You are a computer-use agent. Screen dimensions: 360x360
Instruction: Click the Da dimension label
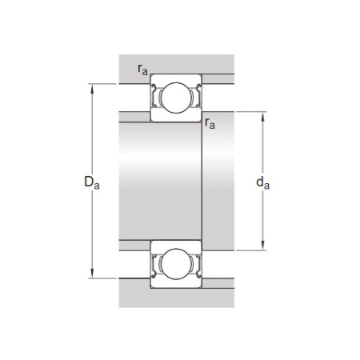coord(92,182)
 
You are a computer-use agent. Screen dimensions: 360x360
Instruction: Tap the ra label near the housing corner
coord(142,70)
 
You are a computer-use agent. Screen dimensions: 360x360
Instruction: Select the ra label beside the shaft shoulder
coord(210,123)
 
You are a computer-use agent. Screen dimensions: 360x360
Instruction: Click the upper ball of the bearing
coord(176,98)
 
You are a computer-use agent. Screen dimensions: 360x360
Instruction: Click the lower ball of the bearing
coord(176,264)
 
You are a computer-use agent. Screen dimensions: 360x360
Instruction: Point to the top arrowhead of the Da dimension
coord(92,89)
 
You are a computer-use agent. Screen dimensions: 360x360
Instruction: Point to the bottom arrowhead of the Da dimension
coord(92,274)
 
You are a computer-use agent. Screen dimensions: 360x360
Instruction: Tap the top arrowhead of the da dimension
coord(262,117)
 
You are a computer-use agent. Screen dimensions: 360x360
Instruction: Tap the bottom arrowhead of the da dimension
coord(262,246)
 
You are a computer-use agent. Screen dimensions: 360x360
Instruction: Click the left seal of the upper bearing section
coord(154,96)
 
